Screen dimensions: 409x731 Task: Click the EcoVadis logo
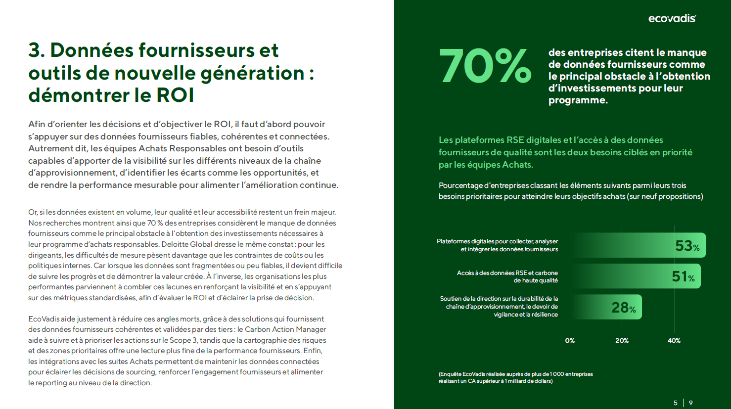tap(672, 19)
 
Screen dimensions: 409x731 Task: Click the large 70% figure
tap(485, 66)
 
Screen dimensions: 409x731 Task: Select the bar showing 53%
tap(638, 245)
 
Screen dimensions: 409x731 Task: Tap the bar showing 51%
tap(636, 276)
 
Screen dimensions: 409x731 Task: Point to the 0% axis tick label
tap(570, 341)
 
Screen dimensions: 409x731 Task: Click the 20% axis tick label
tap(622, 341)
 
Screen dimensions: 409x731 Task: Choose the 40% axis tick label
tap(674, 341)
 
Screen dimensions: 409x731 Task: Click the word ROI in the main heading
tap(175, 95)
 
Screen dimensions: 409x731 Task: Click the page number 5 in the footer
tap(676, 403)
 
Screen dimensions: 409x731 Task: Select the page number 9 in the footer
tap(691, 403)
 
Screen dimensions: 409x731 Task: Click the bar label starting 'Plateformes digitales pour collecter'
tap(497, 245)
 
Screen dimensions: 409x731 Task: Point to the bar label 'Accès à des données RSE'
tap(507, 276)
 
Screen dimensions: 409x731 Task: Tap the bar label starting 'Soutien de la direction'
tap(499, 307)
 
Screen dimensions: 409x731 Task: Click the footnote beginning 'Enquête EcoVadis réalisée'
tap(515, 377)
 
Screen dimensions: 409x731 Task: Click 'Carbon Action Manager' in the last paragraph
tap(285, 329)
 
